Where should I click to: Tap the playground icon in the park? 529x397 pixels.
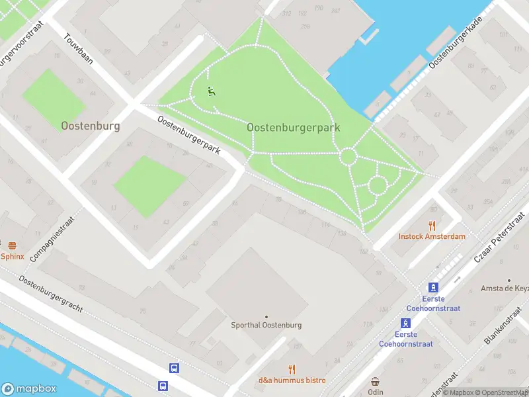point(211,92)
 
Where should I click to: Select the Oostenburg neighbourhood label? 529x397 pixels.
point(90,126)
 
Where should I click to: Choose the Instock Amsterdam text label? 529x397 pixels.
point(432,236)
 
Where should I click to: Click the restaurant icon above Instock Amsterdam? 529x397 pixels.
point(432,225)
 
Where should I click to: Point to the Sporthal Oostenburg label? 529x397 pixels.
point(266,325)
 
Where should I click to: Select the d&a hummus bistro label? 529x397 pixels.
point(292,380)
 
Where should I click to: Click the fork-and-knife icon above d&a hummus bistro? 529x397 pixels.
point(292,369)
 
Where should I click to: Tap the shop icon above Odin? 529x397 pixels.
point(376,382)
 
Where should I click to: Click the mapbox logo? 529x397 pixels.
point(29,389)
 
